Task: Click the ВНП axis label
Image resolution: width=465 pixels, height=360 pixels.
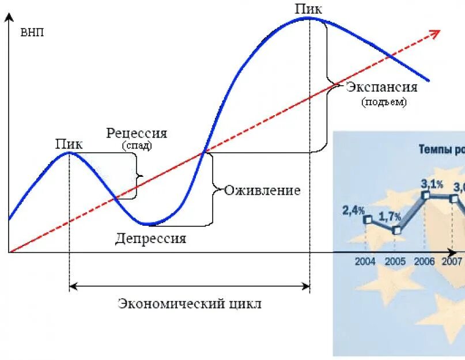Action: pos(32,32)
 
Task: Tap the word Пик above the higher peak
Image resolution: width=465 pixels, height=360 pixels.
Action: pos(308,8)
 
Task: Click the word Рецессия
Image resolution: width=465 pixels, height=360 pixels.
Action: pos(137,133)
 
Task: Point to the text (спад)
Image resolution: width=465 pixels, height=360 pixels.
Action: pos(137,146)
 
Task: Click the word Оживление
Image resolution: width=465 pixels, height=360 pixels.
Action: pos(263,190)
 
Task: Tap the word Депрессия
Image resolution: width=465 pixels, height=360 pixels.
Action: pos(150,238)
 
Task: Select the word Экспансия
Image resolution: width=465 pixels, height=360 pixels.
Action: pos(382,88)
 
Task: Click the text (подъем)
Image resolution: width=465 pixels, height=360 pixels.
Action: pos(384,102)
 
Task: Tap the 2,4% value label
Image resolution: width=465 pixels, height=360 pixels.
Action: pos(353,210)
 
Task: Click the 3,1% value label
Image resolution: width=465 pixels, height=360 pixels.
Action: pos(432,184)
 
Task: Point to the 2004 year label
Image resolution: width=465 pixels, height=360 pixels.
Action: pos(365,262)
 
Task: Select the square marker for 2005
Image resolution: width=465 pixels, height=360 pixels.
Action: pos(396,230)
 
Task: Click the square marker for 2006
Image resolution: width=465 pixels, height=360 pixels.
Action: pos(426,195)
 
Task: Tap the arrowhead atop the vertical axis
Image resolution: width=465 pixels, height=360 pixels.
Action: pos(9,17)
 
